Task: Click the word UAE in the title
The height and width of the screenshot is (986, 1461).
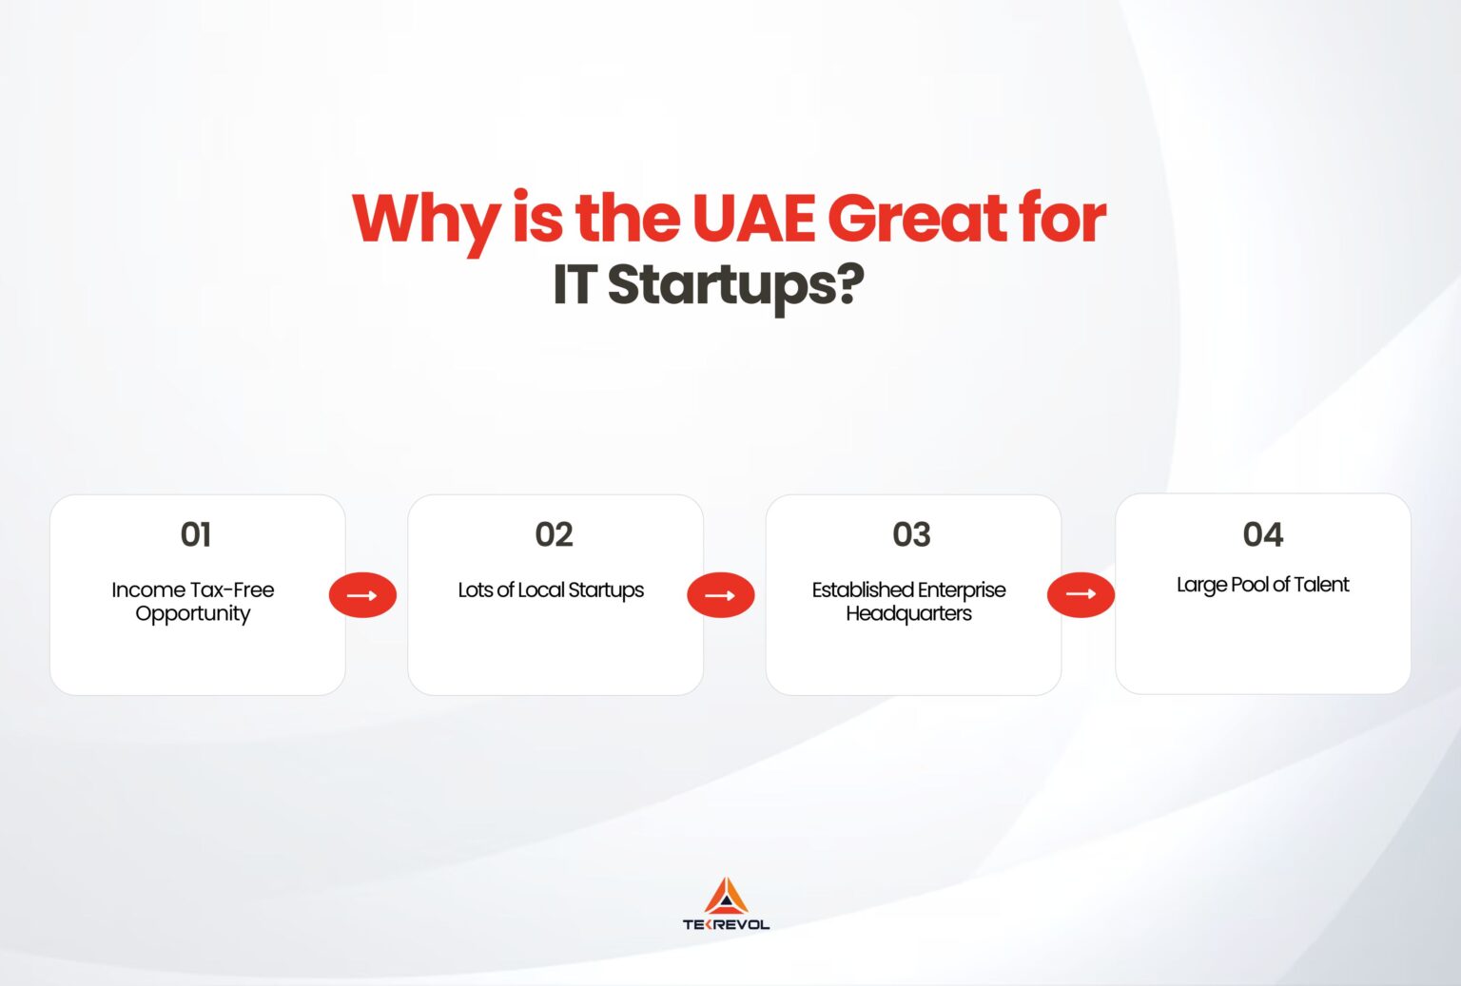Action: coord(753,219)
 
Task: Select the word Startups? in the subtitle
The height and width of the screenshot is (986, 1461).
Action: coord(735,284)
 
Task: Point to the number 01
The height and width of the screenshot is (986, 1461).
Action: coord(196,534)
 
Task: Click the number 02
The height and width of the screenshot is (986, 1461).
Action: coord(555,534)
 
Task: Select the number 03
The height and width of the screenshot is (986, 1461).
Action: coord(911,534)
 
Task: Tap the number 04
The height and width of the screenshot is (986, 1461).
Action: coord(1263,534)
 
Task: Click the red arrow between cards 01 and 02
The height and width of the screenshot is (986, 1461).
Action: coord(362,595)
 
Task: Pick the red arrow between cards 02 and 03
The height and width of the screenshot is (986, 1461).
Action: coord(721,595)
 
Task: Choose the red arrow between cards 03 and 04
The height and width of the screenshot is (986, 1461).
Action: coord(1081,594)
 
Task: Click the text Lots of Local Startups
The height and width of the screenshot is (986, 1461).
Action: coord(551,590)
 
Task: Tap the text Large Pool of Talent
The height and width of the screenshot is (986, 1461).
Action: coord(1263,584)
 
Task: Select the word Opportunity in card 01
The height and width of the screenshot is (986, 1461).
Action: coord(193,614)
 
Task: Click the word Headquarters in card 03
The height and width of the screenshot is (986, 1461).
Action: coord(909,614)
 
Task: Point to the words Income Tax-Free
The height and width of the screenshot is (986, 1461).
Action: coord(193,590)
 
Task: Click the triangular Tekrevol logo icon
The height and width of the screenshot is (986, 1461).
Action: coord(727,897)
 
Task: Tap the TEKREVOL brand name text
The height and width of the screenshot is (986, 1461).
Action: coord(727,924)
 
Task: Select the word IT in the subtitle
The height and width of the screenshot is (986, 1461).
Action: coord(574,284)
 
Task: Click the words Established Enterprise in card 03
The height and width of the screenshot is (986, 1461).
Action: coord(909,590)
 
